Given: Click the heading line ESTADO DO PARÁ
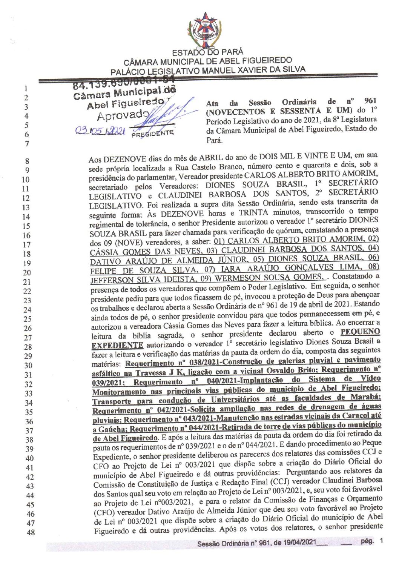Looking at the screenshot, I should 207,52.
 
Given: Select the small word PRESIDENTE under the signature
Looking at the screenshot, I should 152,133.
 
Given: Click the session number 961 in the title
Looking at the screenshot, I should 370,101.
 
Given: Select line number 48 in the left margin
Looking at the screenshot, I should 31,532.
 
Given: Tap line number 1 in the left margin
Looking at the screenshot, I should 26,89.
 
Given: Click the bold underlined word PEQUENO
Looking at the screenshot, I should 360,332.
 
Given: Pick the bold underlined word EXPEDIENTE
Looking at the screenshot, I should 118,345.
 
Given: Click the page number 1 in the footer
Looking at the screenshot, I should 382,541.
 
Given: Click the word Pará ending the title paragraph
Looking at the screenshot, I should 214,140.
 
